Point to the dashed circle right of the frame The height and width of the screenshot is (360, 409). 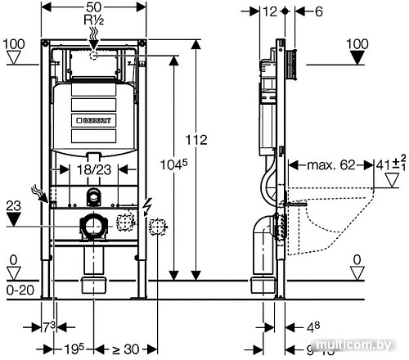tap(159, 225)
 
